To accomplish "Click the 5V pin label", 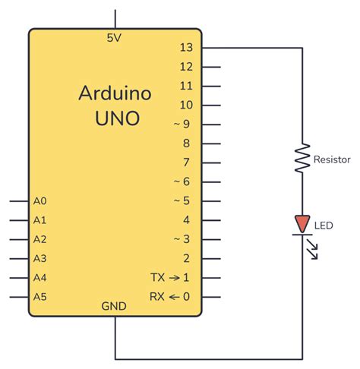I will coord(115,36).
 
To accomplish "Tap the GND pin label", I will coord(115,305).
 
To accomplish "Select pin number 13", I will coord(186,47).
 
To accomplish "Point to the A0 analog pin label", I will coord(40,201).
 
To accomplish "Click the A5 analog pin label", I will coord(40,296).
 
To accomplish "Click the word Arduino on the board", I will coord(115,94).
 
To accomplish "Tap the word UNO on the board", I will coord(115,118).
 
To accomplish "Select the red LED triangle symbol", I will coord(302,224).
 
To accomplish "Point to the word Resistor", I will coord(332,159).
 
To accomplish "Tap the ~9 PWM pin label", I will coord(182,124).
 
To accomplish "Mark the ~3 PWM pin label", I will coord(182,239).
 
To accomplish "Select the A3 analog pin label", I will coord(40,258).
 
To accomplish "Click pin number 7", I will coord(186,162).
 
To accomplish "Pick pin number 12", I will coord(186,67).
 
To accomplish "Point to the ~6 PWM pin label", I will coord(182,181).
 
